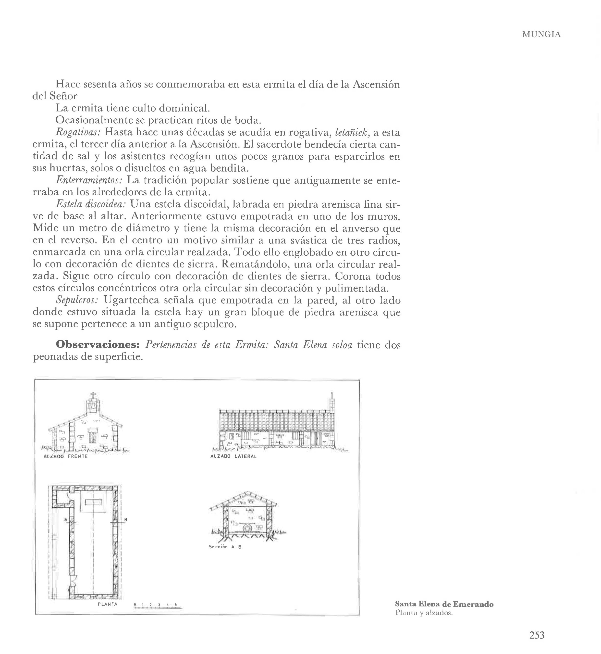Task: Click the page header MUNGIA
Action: click(x=541, y=35)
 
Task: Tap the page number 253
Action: click(x=537, y=635)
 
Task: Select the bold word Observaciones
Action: click(x=98, y=345)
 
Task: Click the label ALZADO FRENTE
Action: click(x=66, y=456)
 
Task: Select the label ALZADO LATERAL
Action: click(x=233, y=456)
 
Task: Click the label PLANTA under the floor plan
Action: click(x=107, y=604)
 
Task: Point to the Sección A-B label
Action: click(x=225, y=547)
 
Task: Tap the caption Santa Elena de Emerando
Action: click(x=444, y=604)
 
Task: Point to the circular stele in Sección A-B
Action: click(x=248, y=528)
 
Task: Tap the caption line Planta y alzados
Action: click(x=424, y=613)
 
